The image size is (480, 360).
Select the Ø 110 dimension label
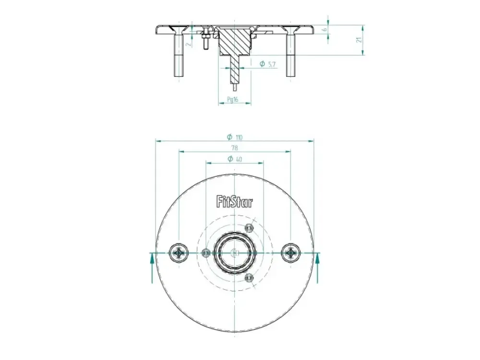click(235, 137)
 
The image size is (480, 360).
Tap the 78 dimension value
click(234, 148)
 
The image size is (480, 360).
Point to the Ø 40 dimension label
click(235, 159)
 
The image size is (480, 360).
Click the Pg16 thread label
click(233, 99)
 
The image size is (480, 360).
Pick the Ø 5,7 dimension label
click(267, 64)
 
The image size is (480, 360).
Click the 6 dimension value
click(325, 30)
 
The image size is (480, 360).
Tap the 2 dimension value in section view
click(189, 44)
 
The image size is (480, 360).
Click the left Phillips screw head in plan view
click(178, 253)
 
